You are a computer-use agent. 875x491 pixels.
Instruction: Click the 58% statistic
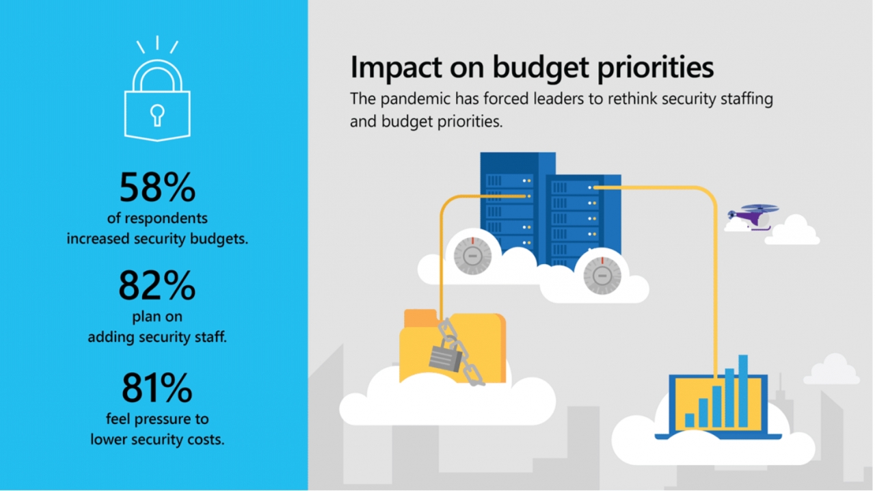click(157, 187)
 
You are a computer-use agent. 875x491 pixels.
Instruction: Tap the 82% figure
click(157, 285)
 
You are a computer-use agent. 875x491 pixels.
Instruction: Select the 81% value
click(157, 388)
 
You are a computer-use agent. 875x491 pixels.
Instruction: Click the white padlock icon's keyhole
click(157, 116)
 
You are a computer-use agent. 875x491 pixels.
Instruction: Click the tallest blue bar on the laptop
click(743, 390)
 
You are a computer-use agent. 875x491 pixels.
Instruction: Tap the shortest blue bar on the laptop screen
click(690, 421)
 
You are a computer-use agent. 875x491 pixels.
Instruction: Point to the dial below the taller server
click(472, 256)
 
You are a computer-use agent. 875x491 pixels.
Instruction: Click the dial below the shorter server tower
click(602, 276)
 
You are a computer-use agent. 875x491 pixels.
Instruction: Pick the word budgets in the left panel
click(219, 239)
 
